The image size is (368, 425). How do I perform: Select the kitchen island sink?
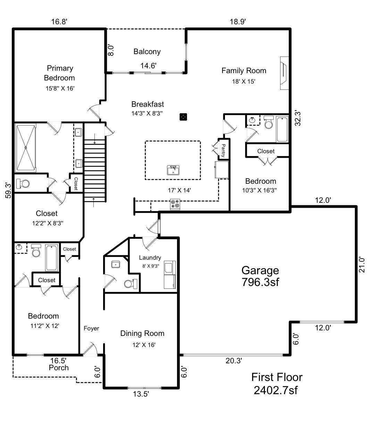click(173, 170)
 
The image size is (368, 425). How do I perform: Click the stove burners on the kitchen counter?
click(175, 205)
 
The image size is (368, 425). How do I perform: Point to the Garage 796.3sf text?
click(260, 276)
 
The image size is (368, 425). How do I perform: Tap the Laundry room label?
click(150, 258)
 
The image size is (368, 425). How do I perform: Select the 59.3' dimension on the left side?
click(6, 191)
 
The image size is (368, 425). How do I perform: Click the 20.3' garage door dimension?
click(234, 361)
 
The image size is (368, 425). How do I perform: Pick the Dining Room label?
click(142, 333)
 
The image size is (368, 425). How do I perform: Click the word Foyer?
click(91, 328)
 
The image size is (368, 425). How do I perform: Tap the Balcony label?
click(147, 52)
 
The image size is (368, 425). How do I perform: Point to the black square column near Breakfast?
click(183, 117)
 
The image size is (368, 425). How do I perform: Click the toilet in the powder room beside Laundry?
click(131, 284)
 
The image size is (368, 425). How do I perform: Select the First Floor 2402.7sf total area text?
click(276, 383)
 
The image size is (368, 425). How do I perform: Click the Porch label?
click(59, 367)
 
